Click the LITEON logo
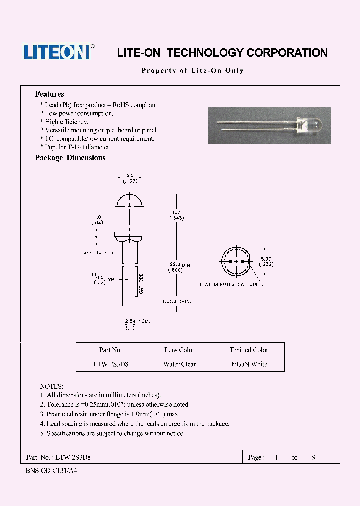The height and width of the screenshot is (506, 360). tap(57, 52)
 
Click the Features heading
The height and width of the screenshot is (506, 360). tap(49, 94)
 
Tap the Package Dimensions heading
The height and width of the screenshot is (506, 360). tap(70, 158)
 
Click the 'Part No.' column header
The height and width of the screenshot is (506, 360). tap(110, 350)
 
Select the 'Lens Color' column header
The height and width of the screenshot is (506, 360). tap(179, 350)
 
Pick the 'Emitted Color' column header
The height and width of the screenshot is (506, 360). tap(249, 350)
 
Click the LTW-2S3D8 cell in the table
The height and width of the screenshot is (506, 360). tap(110, 364)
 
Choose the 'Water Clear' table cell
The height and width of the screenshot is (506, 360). tap(179, 364)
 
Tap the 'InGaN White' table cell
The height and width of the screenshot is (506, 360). tap(249, 364)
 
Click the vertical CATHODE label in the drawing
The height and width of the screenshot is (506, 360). tap(141, 283)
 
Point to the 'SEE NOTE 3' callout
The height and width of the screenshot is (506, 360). tap(98, 253)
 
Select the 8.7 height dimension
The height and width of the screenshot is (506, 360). tap(175, 215)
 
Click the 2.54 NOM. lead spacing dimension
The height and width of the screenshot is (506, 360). tap(136, 323)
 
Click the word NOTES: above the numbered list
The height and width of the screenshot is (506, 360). tap(51, 386)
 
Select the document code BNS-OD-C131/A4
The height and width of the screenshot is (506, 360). tap(51, 471)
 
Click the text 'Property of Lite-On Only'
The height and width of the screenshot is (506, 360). tap(193, 71)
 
